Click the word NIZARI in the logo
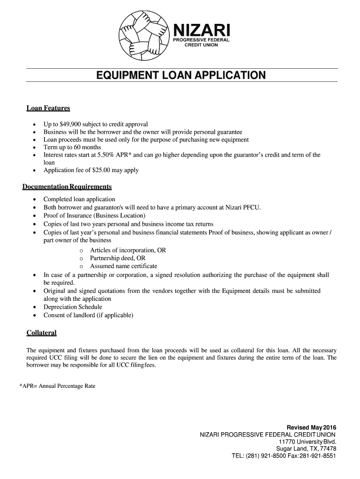202,31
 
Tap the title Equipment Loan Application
180,75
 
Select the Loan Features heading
48,109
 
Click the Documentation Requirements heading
67,187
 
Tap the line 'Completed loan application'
79,199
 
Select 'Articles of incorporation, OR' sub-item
128,250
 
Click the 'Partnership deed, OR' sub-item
117,258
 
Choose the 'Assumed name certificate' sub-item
123,266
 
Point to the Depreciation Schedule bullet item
72,307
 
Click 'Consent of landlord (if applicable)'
88,315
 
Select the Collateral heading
42,333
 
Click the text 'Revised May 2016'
311,428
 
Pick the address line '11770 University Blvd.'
307,442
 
